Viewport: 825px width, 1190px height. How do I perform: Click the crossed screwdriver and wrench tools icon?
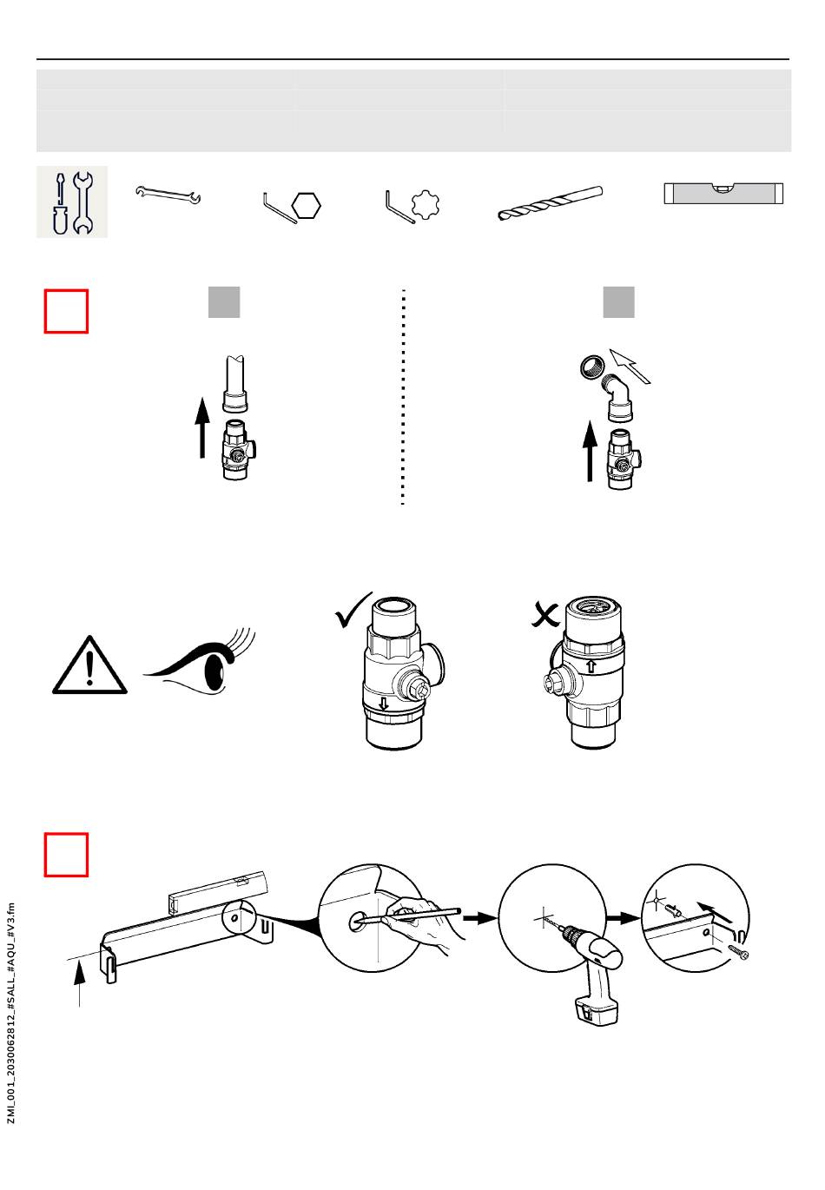(72, 202)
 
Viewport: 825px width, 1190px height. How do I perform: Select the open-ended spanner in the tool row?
(168, 195)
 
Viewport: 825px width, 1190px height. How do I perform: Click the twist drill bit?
(550, 203)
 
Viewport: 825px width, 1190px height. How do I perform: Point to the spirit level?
(723, 193)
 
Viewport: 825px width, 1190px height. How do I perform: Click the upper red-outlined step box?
(67, 311)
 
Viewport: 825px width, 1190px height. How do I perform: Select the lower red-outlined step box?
(67, 855)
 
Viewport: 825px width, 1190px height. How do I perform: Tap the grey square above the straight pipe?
(224, 301)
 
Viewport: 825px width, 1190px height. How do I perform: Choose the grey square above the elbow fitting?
(619, 301)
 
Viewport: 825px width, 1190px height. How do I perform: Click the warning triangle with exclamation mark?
(89, 666)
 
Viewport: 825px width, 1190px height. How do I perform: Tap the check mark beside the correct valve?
(353, 614)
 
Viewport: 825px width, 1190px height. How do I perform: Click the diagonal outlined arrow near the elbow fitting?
(630, 366)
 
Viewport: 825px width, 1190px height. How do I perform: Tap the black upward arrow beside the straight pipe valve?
(202, 427)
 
